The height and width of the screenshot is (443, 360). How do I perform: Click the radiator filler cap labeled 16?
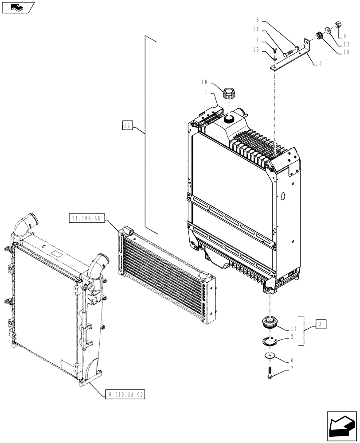tap(229, 94)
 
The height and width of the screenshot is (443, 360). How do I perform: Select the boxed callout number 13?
tap(127, 126)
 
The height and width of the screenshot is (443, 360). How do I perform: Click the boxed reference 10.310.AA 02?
tap(125, 393)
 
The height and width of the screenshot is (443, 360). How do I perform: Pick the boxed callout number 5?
tap(321, 324)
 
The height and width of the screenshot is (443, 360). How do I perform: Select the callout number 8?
tap(257, 20)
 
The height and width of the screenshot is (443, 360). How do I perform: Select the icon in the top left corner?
tap(17, 7)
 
